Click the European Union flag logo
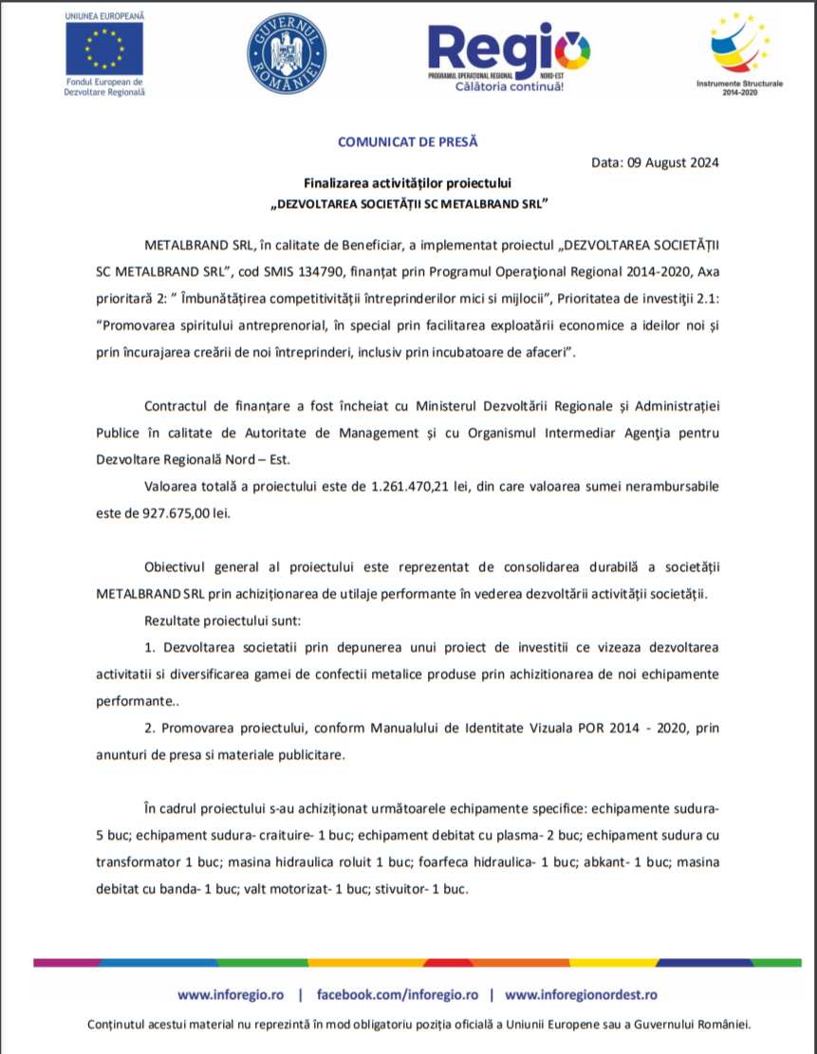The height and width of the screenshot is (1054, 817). [104, 48]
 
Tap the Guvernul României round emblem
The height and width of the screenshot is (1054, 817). [286, 53]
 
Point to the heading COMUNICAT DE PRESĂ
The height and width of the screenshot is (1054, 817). [408, 142]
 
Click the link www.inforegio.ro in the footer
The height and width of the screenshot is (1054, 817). [231, 995]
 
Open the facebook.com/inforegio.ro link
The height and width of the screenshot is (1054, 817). [397, 995]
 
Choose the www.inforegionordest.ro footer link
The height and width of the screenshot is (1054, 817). [581, 995]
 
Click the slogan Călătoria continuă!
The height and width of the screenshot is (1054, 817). [510, 87]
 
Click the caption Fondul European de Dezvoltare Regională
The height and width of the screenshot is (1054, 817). [104, 86]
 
